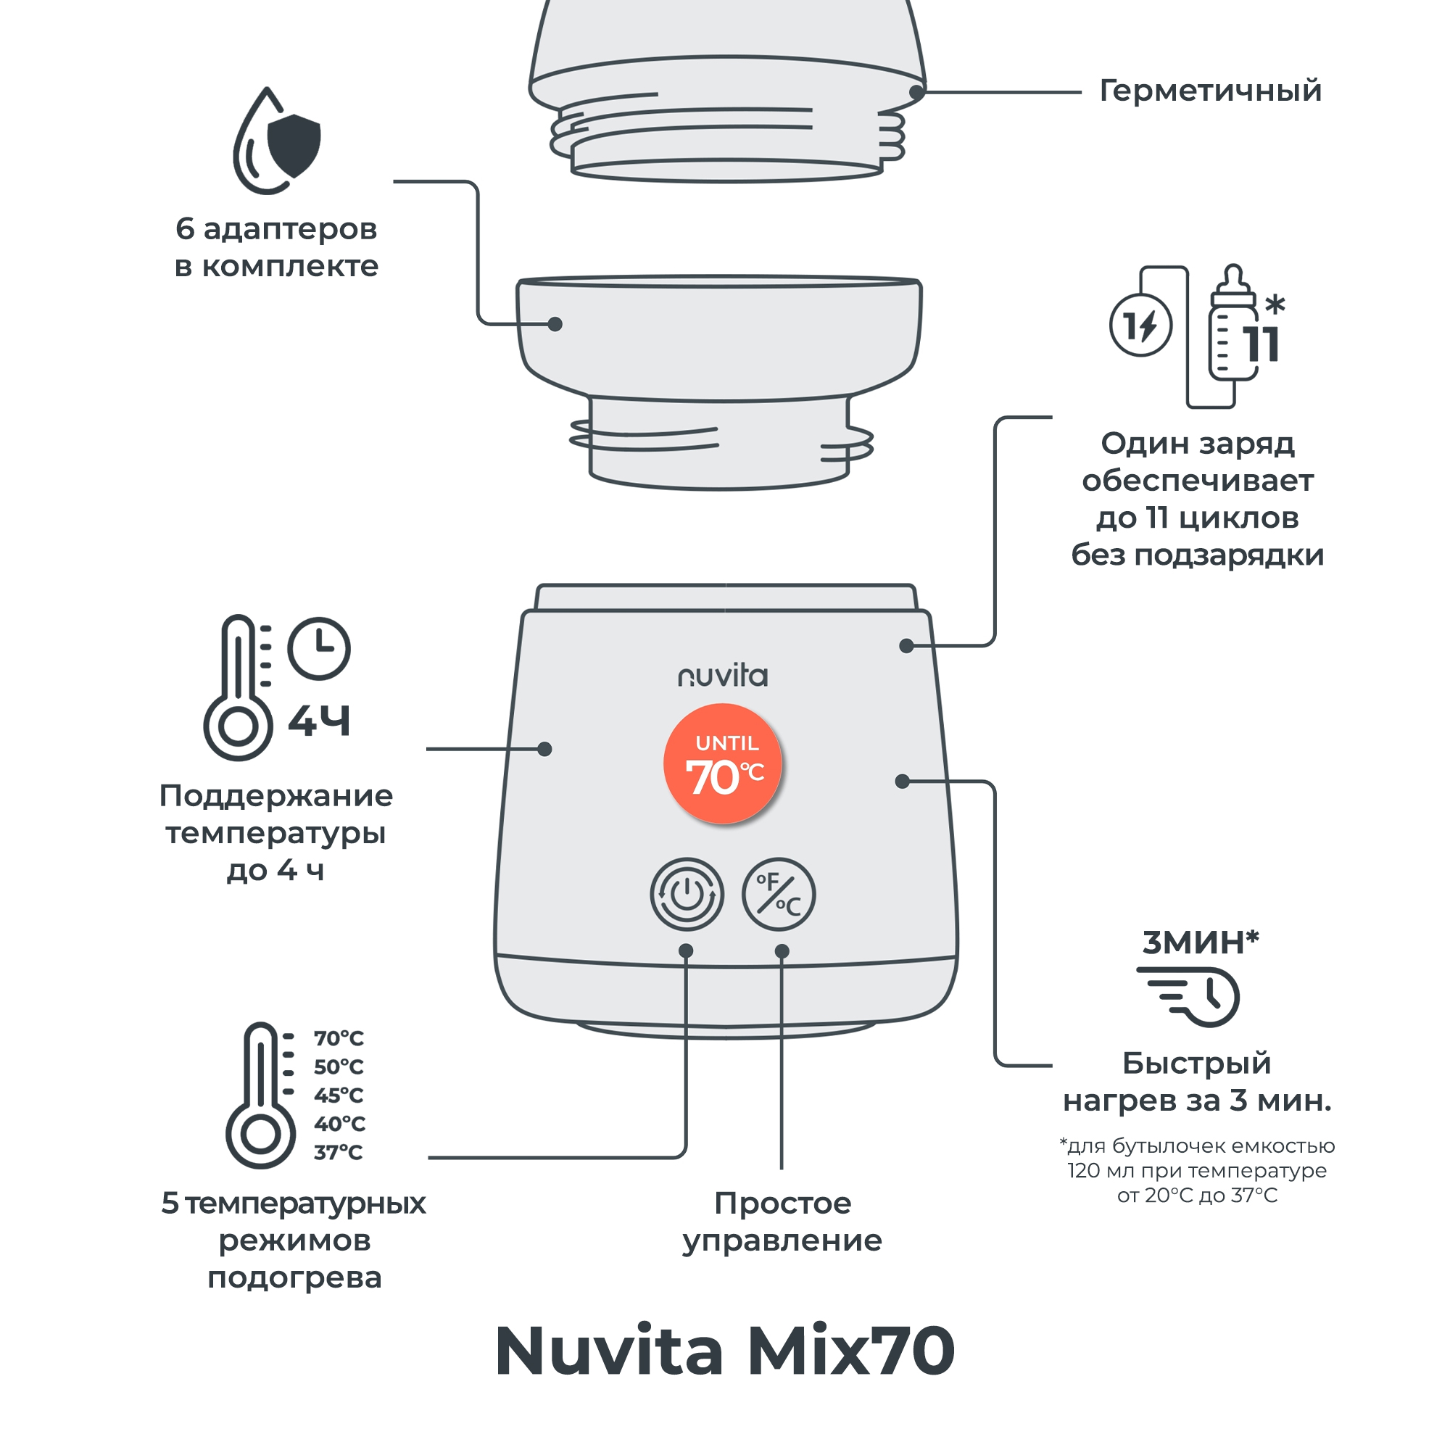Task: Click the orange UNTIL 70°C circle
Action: [x=723, y=763]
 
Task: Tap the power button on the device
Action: [x=687, y=894]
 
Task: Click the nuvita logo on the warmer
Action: [x=723, y=676]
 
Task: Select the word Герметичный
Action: [x=1210, y=91]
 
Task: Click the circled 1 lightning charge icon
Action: [x=1140, y=326]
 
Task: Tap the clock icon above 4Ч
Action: [x=319, y=648]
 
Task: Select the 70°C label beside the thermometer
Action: [x=339, y=1039]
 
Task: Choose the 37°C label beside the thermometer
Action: [x=339, y=1152]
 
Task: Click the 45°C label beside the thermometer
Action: [x=339, y=1095]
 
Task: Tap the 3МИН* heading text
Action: [x=1200, y=942]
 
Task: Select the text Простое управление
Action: [x=782, y=1222]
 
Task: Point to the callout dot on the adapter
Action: [x=555, y=324]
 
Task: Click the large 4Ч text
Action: [x=320, y=721]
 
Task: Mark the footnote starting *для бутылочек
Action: [x=1197, y=1170]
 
